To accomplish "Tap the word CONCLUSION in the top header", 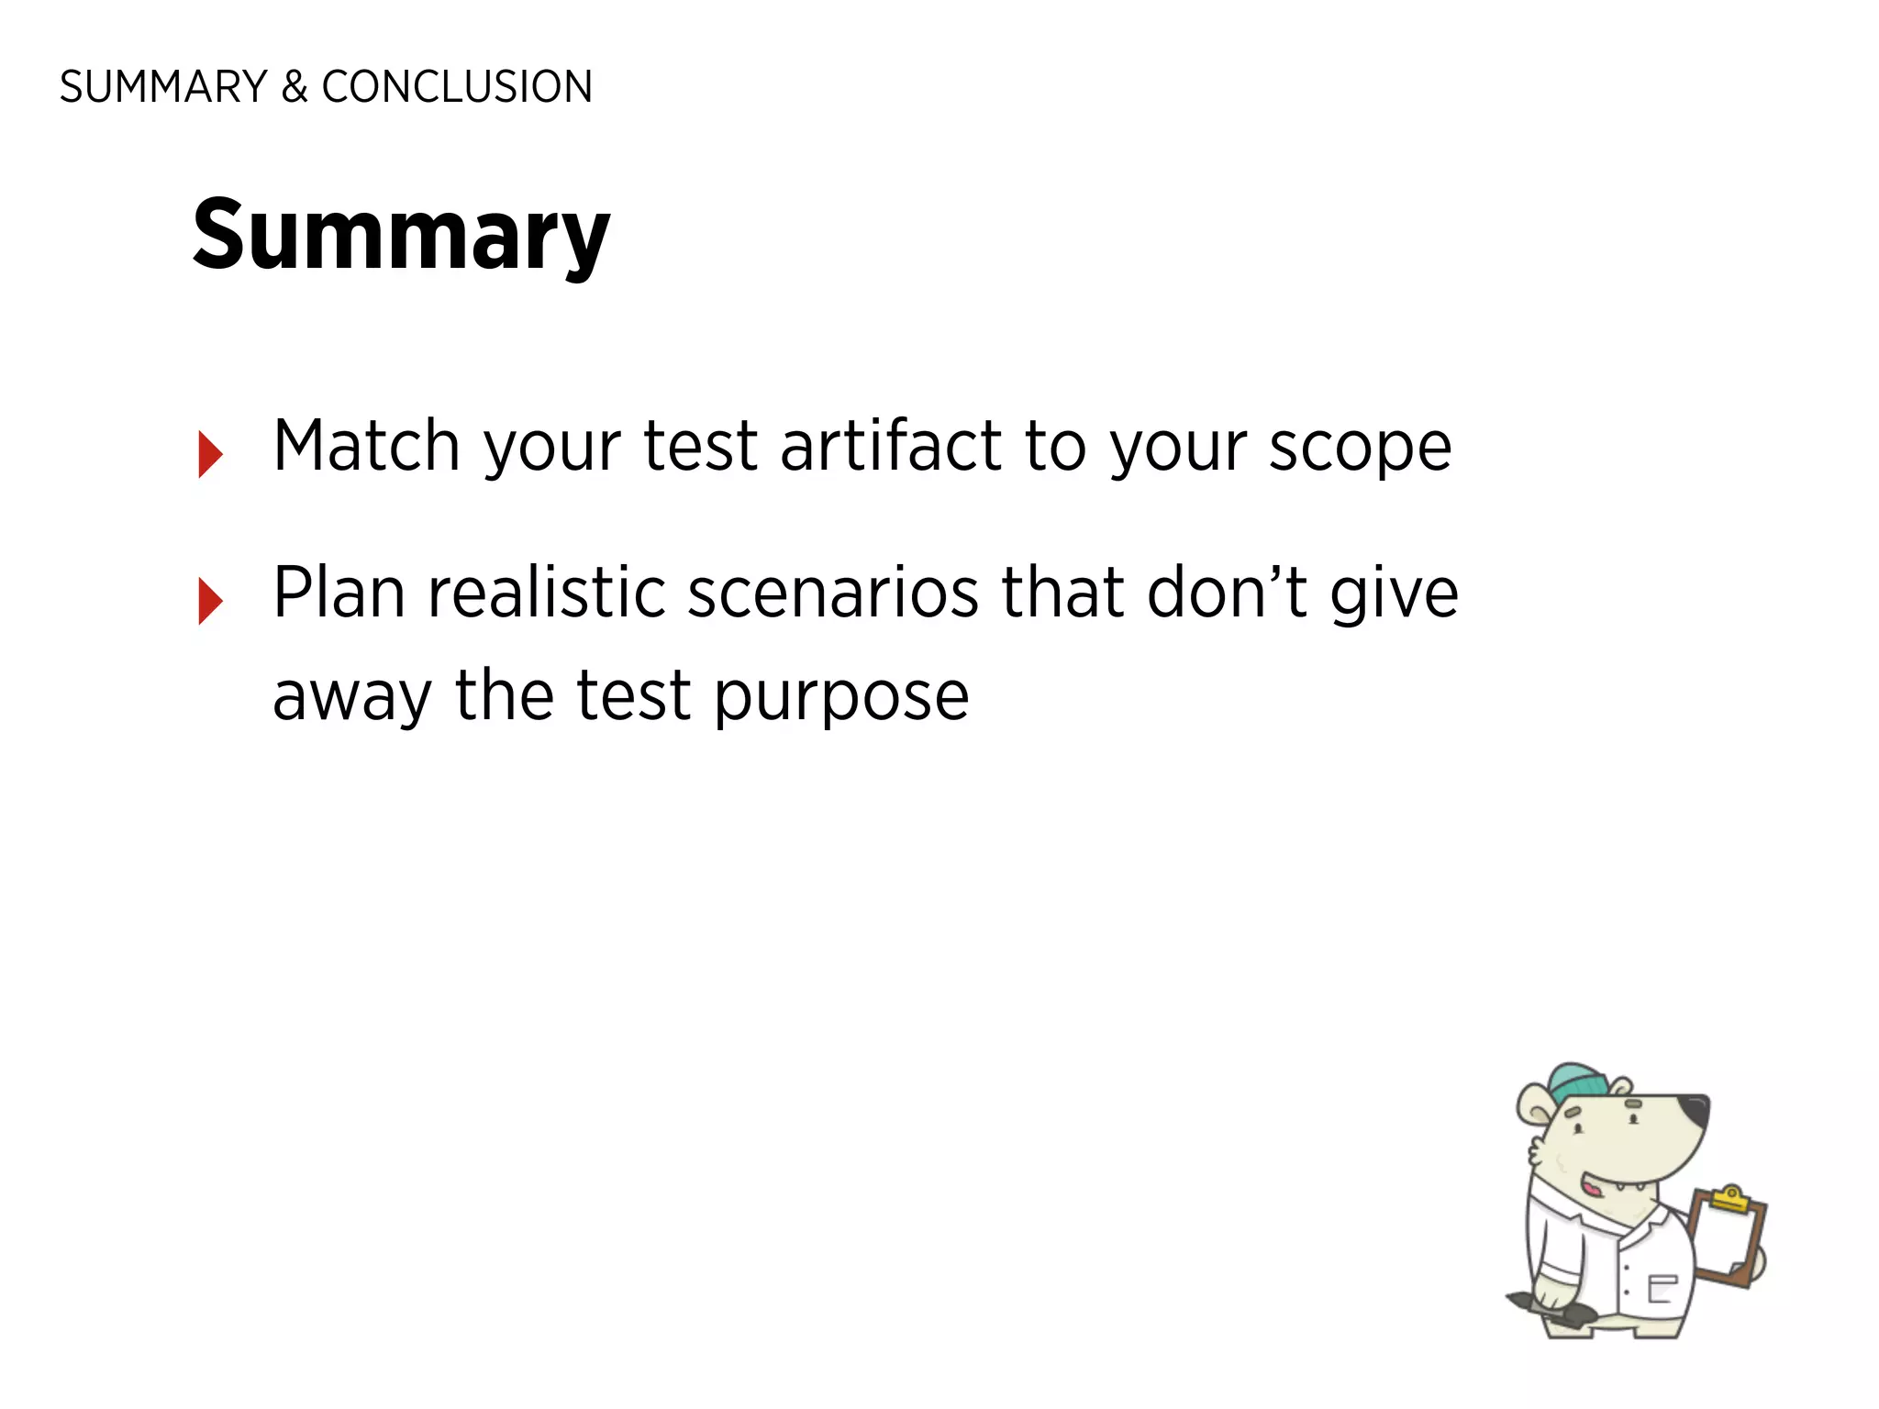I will point(457,87).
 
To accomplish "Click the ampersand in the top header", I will point(294,87).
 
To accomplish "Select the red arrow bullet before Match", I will point(210,454).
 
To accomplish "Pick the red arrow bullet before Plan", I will point(210,601).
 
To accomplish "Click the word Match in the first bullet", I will point(366,446).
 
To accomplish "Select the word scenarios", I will point(833,593).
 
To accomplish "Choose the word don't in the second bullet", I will point(1226,593).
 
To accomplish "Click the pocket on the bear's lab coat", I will point(1662,1288).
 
